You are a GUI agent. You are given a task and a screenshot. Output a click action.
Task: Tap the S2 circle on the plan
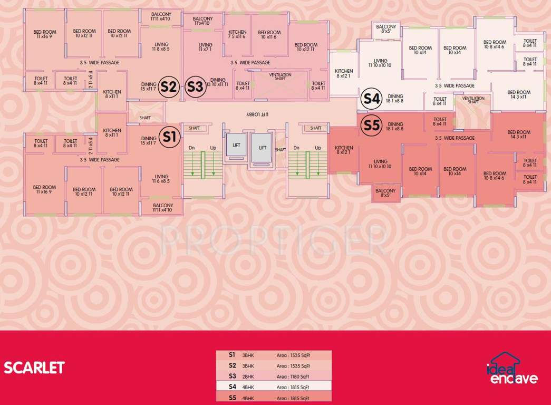(x=169, y=86)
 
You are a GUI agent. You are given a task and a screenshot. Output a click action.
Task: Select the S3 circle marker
(x=195, y=86)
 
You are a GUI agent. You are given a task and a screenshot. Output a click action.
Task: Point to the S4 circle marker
(x=371, y=99)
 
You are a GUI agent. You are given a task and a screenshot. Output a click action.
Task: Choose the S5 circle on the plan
(x=371, y=126)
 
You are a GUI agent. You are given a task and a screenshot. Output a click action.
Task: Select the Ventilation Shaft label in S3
(x=280, y=76)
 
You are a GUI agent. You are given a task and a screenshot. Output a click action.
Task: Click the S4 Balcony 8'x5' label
(x=386, y=29)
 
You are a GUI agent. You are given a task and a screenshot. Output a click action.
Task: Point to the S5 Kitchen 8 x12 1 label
(x=344, y=150)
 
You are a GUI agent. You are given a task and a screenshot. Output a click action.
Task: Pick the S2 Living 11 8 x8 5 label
(x=161, y=47)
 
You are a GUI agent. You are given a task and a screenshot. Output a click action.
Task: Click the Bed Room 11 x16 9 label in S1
(x=44, y=189)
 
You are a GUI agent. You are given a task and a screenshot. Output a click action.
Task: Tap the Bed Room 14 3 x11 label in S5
(x=519, y=134)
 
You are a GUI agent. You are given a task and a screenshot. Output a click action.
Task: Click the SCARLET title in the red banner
(x=34, y=368)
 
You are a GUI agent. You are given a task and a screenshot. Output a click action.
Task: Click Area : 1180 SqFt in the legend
(x=293, y=377)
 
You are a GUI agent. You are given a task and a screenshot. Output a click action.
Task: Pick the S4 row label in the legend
(x=232, y=387)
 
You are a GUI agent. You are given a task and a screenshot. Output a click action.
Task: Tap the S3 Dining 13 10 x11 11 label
(x=218, y=82)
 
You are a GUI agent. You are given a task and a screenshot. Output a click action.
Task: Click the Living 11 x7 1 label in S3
(x=205, y=47)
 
